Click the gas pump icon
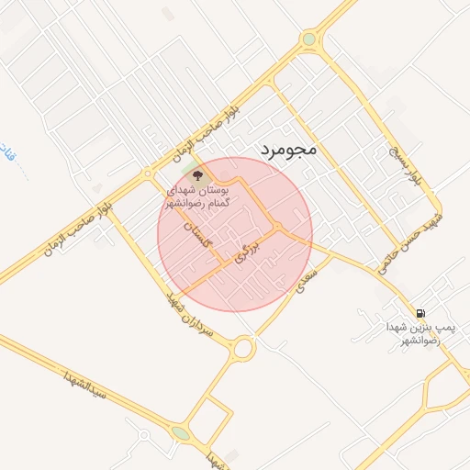click(x=420, y=313)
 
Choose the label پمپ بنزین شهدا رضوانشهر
click(x=421, y=333)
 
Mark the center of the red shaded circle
click(x=235, y=234)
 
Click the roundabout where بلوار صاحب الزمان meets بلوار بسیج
click(x=309, y=39)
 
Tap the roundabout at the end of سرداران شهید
click(x=243, y=348)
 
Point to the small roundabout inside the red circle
click(x=276, y=228)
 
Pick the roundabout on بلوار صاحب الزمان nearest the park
click(x=147, y=173)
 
